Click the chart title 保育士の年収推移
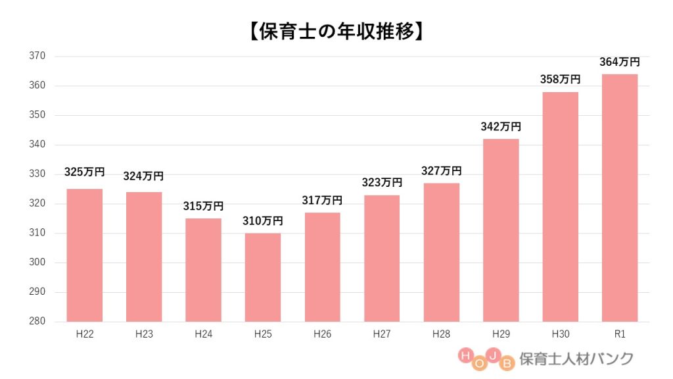point(336,32)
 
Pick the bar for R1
point(619,197)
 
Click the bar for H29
point(500,230)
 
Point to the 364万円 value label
point(619,63)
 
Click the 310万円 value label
point(262,221)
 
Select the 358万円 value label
point(560,80)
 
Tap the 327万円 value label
point(441,171)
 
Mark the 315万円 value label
point(203,207)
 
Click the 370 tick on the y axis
point(37,56)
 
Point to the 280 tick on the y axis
point(37,322)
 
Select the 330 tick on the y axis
point(37,174)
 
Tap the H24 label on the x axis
point(203,334)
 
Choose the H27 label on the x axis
point(381,334)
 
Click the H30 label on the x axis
point(560,334)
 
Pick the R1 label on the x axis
point(619,334)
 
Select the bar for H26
point(322,267)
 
